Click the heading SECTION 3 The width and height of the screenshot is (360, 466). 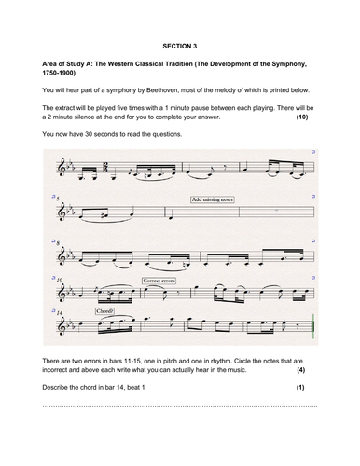(x=179, y=44)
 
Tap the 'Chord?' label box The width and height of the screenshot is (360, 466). (x=104, y=313)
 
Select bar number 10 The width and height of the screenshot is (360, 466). (x=58, y=280)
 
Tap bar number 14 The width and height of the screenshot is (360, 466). (x=58, y=314)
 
